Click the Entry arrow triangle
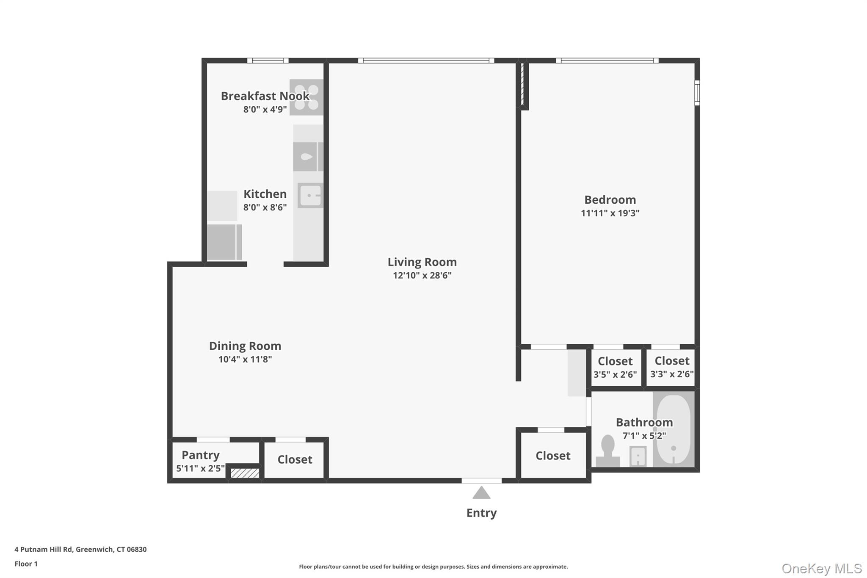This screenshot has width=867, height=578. pyautogui.click(x=481, y=493)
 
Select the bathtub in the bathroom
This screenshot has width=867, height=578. pyautogui.click(x=673, y=429)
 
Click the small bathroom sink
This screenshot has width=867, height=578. pyautogui.click(x=638, y=456)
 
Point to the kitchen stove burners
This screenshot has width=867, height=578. pyautogui.click(x=306, y=97)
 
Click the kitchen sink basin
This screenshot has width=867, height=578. pyautogui.click(x=311, y=196)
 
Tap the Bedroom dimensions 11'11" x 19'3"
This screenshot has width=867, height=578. pyautogui.click(x=610, y=213)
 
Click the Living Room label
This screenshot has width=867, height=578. pyautogui.click(x=422, y=262)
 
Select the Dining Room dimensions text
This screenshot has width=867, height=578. pyautogui.click(x=245, y=360)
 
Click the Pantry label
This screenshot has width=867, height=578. pyautogui.click(x=200, y=455)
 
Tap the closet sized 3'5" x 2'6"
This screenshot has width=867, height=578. pyautogui.click(x=615, y=367)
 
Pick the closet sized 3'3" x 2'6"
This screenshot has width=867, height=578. pyautogui.click(x=672, y=367)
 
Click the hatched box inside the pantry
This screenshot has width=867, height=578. pyautogui.click(x=245, y=473)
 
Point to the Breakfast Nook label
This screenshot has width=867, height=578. pyautogui.click(x=265, y=96)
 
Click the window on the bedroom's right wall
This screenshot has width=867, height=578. pyautogui.click(x=697, y=92)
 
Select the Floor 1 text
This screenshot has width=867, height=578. pyautogui.click(x=26, y=564)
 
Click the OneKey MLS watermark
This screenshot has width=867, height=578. pyautogui.click(x=821, y=568)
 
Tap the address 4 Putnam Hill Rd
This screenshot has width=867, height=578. pyautogui.click(x=80, y=549)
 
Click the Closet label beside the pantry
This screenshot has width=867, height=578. pyautogui.click(x=295, y=459)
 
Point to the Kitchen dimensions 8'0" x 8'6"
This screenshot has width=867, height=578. pyautogui.click(x=265, y=207)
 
